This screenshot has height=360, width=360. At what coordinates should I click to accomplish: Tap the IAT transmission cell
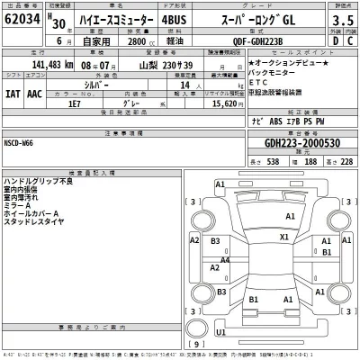click(x=13, y=91)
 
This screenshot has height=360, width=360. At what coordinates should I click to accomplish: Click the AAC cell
click(x=37, y=91)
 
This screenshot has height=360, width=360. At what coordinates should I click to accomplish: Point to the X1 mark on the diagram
click(x=284, y=238)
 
